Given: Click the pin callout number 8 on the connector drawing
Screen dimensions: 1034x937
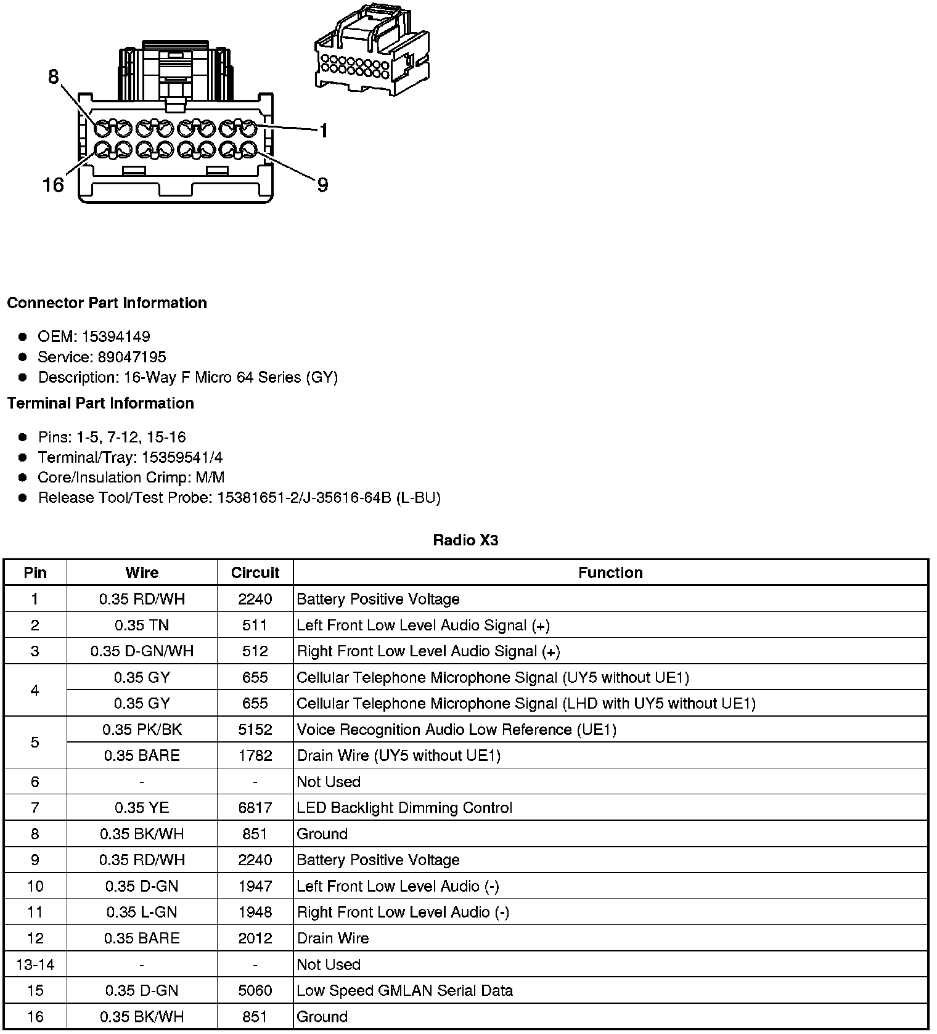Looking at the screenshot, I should pos(53,76).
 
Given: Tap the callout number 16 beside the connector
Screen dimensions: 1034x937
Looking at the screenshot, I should pos(53,184).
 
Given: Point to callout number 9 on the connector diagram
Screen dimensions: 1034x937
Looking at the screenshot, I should pos(322,184).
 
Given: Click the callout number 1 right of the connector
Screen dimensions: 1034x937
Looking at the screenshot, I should pos(323,131).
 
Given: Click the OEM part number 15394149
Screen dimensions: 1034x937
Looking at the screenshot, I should pos(116,336).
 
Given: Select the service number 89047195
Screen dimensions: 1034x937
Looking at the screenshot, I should pos(132,357).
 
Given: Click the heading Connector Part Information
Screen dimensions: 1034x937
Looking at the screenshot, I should pos(107,303).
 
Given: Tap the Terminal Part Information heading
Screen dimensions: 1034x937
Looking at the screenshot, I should pos(100,403).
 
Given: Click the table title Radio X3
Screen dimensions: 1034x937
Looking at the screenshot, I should pos(465,540).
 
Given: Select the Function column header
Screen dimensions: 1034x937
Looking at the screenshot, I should pos(610,572).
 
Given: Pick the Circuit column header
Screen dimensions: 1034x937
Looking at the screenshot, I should pos(255,572).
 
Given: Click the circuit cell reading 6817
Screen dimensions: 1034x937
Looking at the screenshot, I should pos(255,807).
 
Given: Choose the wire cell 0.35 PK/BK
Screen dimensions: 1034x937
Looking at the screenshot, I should pos(142,730).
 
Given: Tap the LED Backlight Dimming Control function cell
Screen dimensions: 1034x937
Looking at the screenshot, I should pos(404,807).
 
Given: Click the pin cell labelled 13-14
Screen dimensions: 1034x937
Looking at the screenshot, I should pos(35,964).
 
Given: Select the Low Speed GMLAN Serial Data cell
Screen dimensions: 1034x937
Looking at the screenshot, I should pos(405,990).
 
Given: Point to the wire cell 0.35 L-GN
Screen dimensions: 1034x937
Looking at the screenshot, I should pos(142,912).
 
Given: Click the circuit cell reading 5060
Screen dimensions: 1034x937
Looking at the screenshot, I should pos(255,990).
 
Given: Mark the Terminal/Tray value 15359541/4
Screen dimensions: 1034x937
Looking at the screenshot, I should pos(182,457).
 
